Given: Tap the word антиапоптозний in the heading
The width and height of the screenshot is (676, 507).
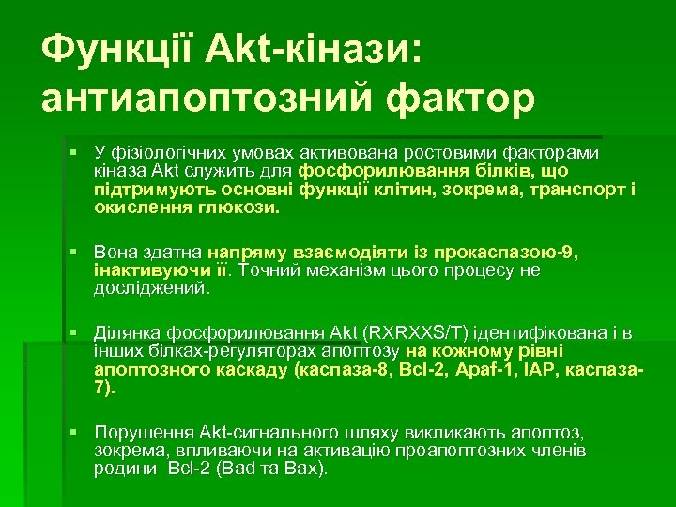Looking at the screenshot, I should pyautogui.click(x=214, y=97).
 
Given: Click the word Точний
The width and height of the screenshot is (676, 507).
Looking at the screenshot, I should pyautogui.click(x=269, y=270).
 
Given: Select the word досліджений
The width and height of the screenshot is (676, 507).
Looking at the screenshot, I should pyautogui.click(x=150, y=287).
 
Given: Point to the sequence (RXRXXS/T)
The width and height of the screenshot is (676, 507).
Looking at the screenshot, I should pyautogui.click(x=418, y=332).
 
